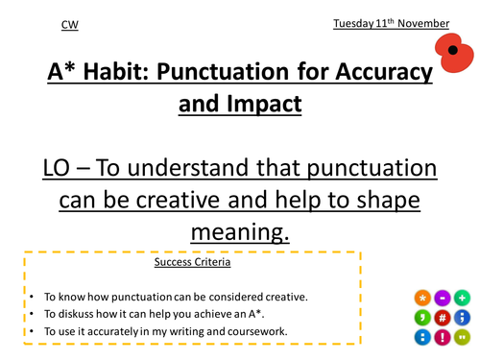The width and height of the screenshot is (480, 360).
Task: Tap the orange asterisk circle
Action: (422, 298)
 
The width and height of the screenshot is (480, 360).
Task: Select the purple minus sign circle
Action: (443, 298)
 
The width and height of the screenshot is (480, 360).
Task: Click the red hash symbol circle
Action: (443, 318)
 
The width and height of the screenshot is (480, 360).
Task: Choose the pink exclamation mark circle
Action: (443, 337)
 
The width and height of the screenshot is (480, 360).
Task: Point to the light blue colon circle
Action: (422, 337)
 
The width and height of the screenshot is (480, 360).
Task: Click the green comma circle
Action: (422, 318)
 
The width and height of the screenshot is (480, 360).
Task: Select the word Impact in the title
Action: (261, 106)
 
